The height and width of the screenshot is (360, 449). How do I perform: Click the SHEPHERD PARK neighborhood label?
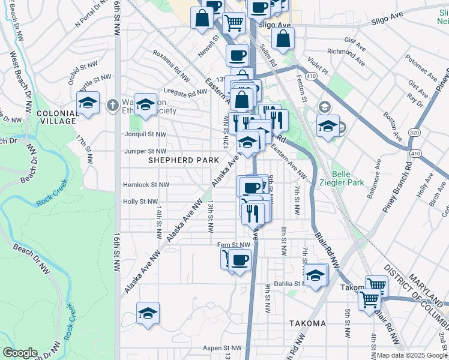179,160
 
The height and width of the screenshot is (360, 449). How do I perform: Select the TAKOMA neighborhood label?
307,323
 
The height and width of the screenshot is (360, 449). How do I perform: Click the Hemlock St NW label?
146,185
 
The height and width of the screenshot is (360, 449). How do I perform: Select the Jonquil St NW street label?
144,134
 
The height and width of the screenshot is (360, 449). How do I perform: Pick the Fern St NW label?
234,245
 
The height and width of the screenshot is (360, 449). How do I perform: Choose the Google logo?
20,353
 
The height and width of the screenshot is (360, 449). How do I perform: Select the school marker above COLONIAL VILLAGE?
88,103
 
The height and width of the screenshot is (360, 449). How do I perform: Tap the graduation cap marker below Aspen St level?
148,314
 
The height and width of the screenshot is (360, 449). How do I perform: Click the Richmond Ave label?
346,57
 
